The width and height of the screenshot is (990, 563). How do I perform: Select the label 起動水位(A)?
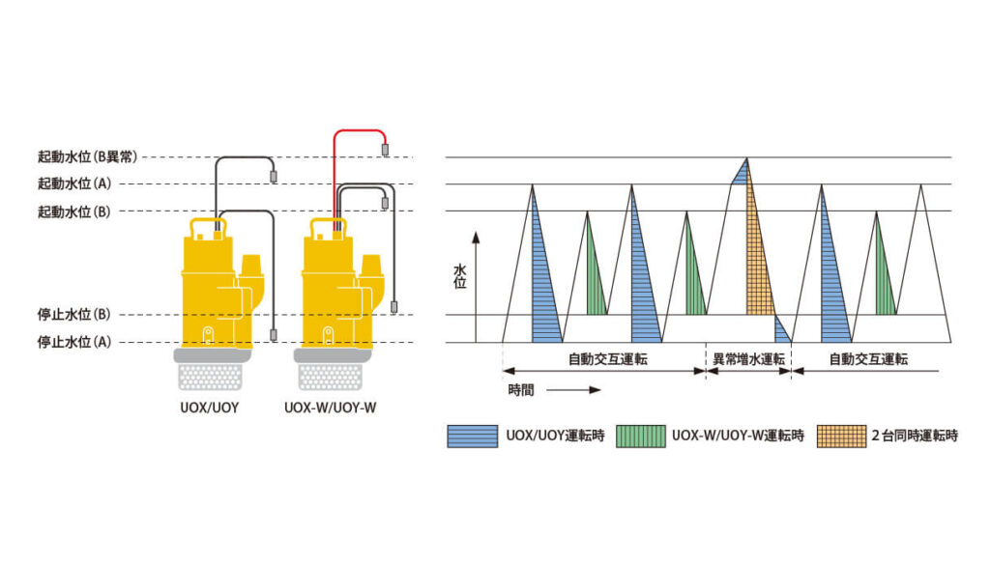tap(74, 183)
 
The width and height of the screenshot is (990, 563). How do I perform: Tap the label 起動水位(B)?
tap(74, 211)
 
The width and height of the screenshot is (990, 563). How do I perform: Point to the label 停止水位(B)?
tap(74, 315)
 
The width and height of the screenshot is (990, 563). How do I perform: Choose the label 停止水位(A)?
tap(74, 341)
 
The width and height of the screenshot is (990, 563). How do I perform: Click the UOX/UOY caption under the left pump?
tap(211, 408)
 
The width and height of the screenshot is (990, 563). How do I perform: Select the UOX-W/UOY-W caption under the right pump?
tap(331, 408)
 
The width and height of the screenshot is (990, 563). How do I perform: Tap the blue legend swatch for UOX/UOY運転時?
tap(472, 436)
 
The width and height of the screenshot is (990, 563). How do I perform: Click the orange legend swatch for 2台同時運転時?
tap(840, 436)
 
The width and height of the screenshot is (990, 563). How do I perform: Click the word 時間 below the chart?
tap(521, 390)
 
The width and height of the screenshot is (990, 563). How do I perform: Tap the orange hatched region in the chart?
tap(758, 261)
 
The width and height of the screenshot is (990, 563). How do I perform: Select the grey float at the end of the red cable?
tap(385, 150)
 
